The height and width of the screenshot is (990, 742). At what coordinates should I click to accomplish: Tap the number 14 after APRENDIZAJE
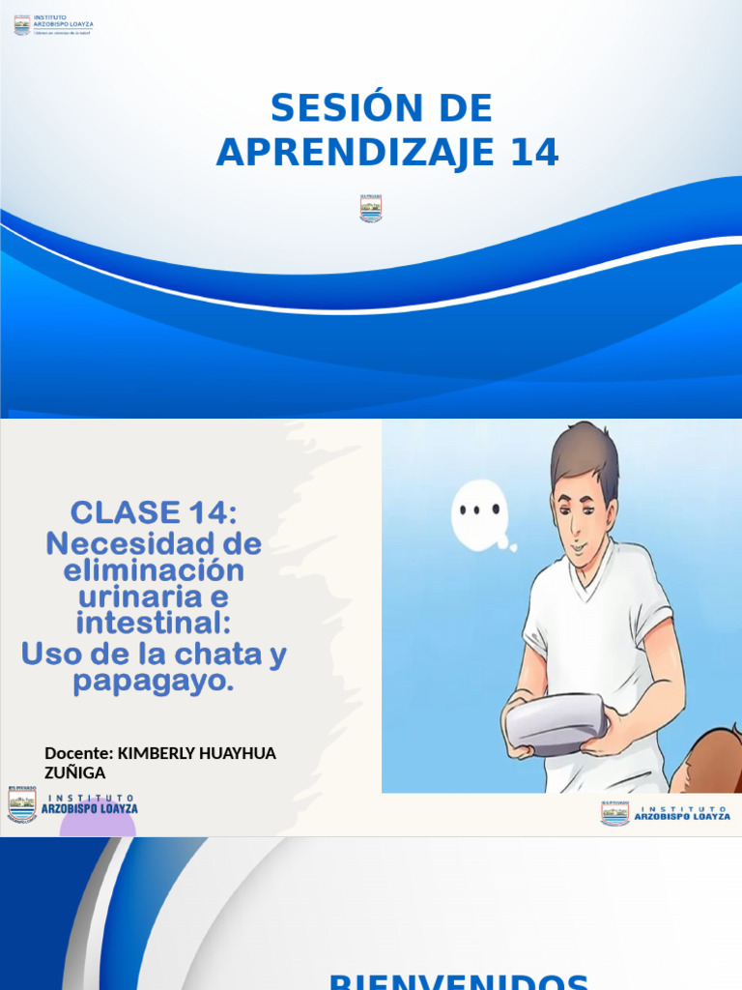point(526,153)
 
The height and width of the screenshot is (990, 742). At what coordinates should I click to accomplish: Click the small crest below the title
point(371,208)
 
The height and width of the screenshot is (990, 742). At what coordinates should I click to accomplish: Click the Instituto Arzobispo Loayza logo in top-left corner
point(53,25)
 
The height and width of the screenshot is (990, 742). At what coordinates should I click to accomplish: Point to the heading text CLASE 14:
point(154,512)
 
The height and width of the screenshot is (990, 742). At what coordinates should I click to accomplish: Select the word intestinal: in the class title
point(154,624)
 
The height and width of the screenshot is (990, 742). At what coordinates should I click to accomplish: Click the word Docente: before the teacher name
point(78,753)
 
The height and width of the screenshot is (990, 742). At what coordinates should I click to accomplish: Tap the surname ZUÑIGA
point(74,772)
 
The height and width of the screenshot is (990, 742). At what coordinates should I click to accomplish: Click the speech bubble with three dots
point(479,511)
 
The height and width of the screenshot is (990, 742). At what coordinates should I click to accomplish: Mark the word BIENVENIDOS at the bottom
point(459,981)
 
